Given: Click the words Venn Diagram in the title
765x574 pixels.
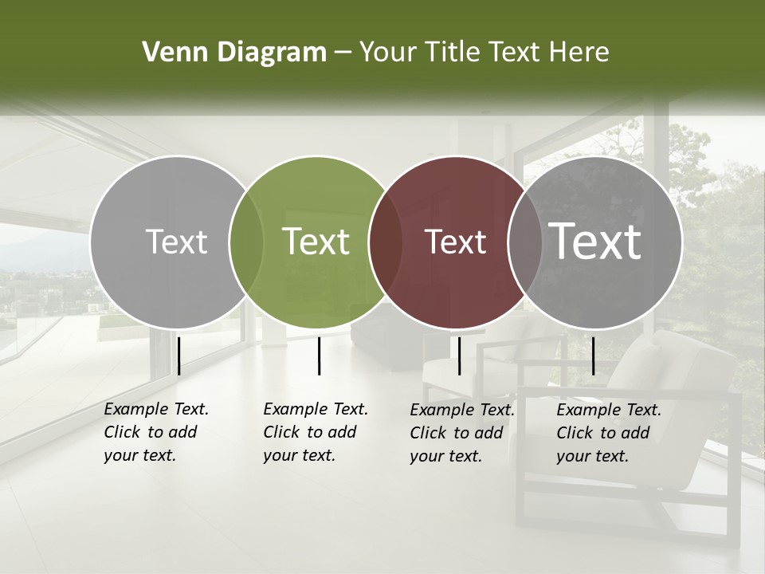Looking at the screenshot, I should point(234,53).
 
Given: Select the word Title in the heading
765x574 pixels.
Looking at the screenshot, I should point(449,53).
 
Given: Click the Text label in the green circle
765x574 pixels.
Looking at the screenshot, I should point(316,242).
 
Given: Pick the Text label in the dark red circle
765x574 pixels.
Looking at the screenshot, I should point(456,242).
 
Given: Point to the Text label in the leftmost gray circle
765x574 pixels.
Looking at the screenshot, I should point(176,242).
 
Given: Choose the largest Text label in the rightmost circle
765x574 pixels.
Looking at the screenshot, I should point(595,242).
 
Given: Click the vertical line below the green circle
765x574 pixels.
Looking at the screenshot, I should point(319,356).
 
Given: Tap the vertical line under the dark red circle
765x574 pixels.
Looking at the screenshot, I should point(459,356).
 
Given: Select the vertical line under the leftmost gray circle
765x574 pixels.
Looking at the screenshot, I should point(178,356).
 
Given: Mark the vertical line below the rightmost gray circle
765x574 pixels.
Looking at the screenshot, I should point(593,356).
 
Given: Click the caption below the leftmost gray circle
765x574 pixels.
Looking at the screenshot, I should point(156,432).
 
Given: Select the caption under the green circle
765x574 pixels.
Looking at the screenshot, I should point(316,432).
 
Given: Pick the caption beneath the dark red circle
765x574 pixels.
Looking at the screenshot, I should point(462,433).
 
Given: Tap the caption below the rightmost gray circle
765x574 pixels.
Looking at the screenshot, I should point(609,433).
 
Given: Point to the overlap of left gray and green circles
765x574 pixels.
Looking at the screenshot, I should point(246,242).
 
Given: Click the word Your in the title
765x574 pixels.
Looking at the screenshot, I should point(388,53).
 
